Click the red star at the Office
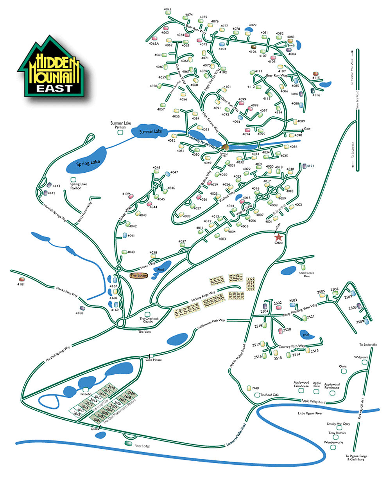[x=279, y=237]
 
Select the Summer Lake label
[x=150, y=132]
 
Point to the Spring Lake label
[x=88, y=163]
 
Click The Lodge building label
[x=139, y=276]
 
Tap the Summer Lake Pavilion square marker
[x=121, y=133]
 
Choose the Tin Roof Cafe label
[x=270, y=395]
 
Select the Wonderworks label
[x=333, y=442]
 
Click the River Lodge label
[x=142, y=446]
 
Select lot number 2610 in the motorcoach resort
[x=111, y=388]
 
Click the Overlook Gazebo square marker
[x=147, y=314]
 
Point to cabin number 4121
[x=310, y=166]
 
